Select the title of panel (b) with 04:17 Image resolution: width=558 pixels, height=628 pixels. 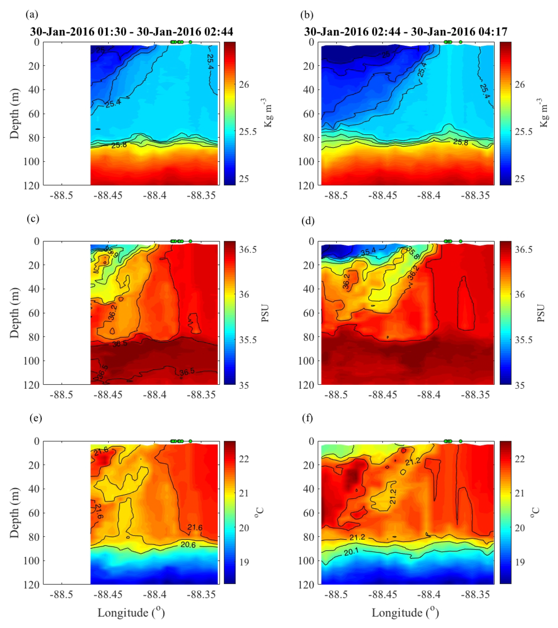[406, 32]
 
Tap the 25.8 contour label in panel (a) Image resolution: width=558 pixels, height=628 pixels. [119, 145]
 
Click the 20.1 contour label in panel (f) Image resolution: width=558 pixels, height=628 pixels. [351, 552]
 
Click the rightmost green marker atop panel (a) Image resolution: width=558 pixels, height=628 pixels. [190, 42]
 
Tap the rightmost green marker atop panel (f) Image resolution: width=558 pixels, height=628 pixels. [461, 441]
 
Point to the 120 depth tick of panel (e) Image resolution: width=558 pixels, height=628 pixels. [31, 584]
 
